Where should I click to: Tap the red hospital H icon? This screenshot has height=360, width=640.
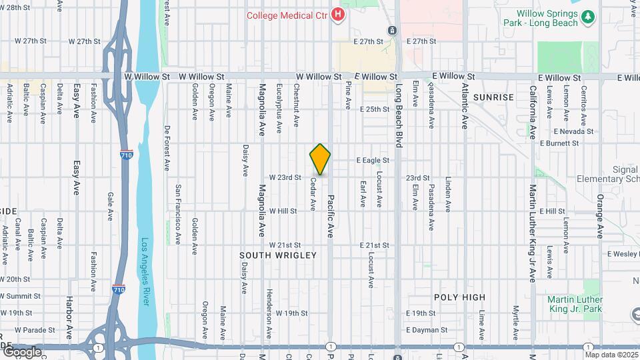click(x=339, y=14)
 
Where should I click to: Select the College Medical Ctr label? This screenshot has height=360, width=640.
click(x=288, y=15)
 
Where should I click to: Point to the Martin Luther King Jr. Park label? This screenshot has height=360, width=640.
click(x=575, y=304)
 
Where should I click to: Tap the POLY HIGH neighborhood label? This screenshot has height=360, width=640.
click(x=459, y=297)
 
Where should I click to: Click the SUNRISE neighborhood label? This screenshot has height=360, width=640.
click(x=493, y=97)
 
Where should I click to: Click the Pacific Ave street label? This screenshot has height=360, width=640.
click(x=329, y=216)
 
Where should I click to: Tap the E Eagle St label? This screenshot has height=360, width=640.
click(x=373, y=161)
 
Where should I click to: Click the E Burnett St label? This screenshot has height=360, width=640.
click(x=562, y=143)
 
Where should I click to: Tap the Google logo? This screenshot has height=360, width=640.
click(x=21, y=352)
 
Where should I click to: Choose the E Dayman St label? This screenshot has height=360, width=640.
click(x=427, y=330)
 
